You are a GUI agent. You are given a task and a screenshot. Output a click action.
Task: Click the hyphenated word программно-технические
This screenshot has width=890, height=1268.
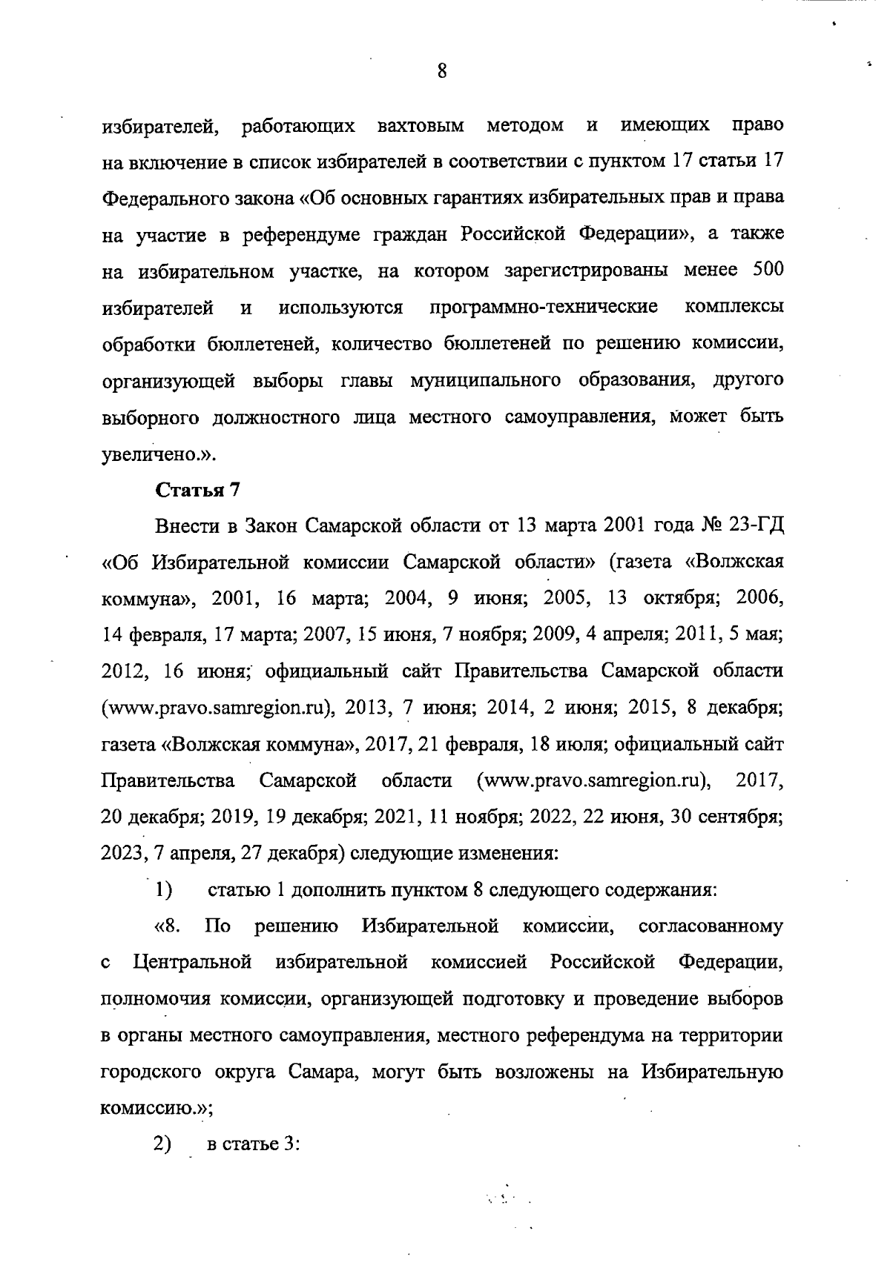(543, 308)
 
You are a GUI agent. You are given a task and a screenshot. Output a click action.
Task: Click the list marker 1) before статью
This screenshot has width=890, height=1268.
(164, 889)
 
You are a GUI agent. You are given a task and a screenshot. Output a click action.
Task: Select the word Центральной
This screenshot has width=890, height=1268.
(193, 963)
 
